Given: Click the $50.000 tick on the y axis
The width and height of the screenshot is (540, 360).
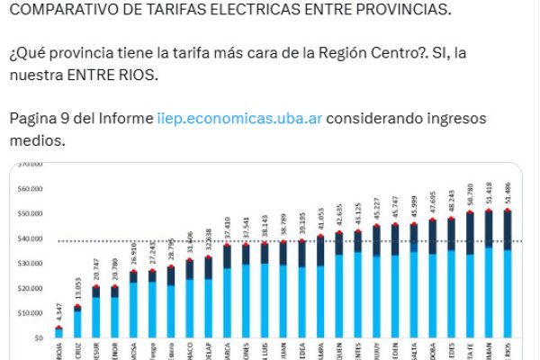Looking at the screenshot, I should [31, 214].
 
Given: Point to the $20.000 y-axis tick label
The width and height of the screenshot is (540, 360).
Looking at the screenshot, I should [31, 289].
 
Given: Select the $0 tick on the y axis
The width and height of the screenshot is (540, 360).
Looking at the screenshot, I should [38, 338].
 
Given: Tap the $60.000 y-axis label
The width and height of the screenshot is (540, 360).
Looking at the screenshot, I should [31, 190].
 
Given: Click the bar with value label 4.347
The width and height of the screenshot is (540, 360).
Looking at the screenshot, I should [58, 333].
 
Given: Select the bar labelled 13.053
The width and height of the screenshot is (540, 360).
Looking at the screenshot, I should [77, 322].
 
